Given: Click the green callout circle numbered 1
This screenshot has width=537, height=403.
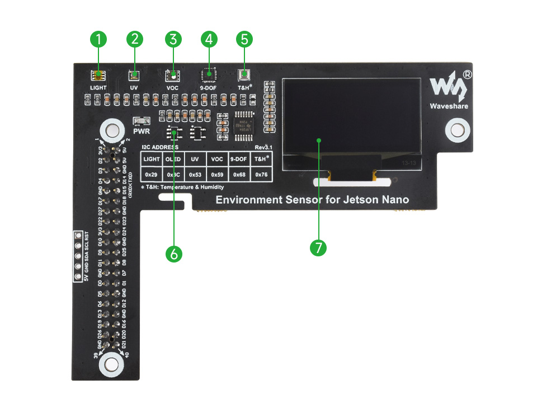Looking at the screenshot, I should pos(98,39).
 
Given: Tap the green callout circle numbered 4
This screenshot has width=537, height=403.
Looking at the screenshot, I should pos(209,39).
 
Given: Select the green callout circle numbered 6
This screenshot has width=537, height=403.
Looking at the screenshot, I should pos(173,253).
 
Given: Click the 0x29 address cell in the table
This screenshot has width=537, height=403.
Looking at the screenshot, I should pos(152,175).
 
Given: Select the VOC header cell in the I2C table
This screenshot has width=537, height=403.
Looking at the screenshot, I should pos(217,159).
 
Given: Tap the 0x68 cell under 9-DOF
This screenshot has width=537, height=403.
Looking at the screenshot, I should pos(239,175).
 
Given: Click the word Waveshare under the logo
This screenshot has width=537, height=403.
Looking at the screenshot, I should pos(449,106).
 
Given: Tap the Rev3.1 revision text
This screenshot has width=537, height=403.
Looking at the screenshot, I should pos(263,147).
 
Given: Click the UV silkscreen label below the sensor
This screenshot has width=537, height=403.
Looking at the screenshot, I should pos(134,88).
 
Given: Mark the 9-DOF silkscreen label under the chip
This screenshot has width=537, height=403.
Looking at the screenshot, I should pos(209,88).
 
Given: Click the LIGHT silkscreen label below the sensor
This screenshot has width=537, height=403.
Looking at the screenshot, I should pos(98,88).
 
